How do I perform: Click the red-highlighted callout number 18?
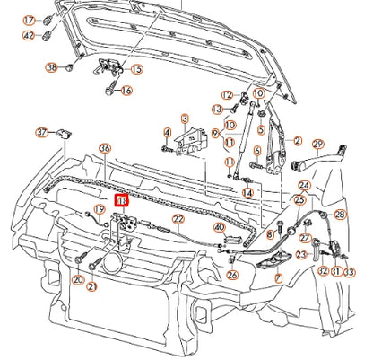(x=122, y=202)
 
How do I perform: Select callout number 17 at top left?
(x=29, y=20)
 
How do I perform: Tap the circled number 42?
(x=29, y=36)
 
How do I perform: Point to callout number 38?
(x=51, y=68)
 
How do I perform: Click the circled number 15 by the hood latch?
(x=136, y=69)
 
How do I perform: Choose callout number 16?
(x=126, y=90)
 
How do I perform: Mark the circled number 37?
(x=41, y=133)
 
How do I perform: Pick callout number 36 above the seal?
(x=105, y=148)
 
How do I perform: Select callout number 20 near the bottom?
(x=78, y=280)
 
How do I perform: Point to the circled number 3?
(x=185, y=118)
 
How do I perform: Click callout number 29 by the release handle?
(x=317, y=144)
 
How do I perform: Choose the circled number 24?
(x=305, y=186)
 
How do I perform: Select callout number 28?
(x=339, y=215)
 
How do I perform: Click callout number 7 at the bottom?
(x=278, y=279)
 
